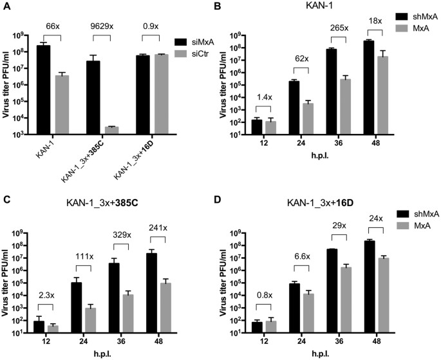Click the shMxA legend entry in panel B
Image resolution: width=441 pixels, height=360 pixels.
click(416, 17)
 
